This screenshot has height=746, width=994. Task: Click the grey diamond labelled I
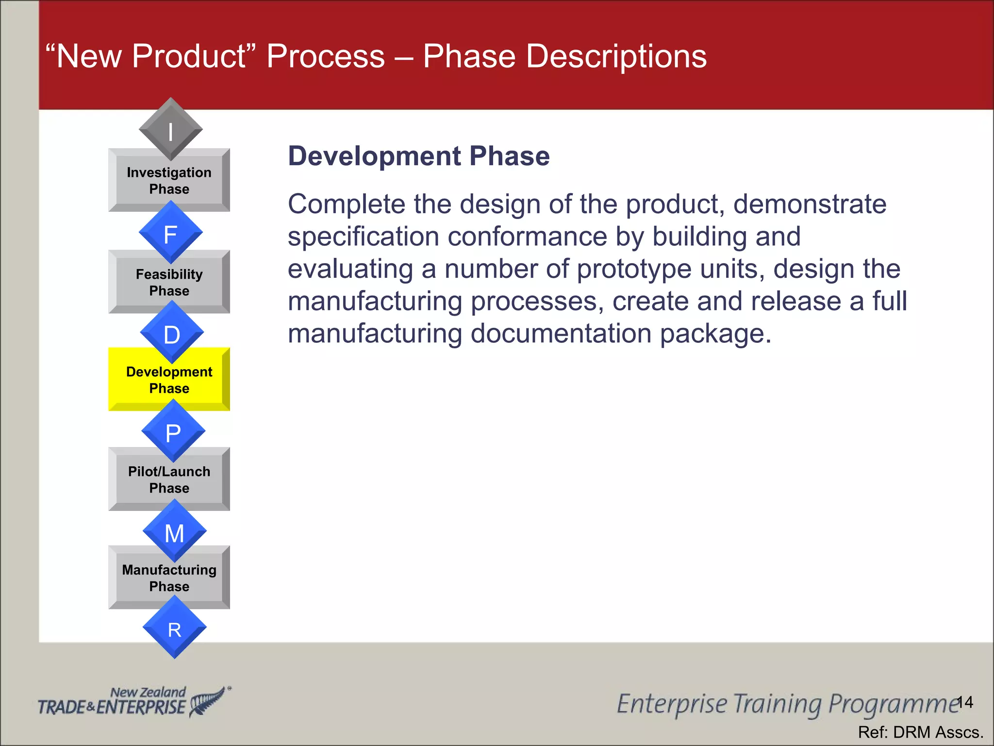170,130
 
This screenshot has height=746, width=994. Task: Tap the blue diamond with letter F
170,234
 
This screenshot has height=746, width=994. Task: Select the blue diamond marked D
172,334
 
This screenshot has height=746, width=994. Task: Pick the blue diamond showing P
173,432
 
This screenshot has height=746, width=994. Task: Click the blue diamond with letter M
175,532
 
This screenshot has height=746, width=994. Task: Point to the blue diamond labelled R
175,628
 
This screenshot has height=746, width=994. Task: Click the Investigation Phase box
169,181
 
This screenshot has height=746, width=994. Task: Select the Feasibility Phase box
169,283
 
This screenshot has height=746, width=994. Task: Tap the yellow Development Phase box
169,380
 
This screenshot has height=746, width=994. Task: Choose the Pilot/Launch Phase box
169,480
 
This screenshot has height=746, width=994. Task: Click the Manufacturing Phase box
169,578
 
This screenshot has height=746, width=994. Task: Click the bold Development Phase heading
418,156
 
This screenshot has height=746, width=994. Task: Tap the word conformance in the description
527,237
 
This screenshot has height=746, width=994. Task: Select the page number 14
965,702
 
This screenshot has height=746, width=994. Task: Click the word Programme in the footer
893,704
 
